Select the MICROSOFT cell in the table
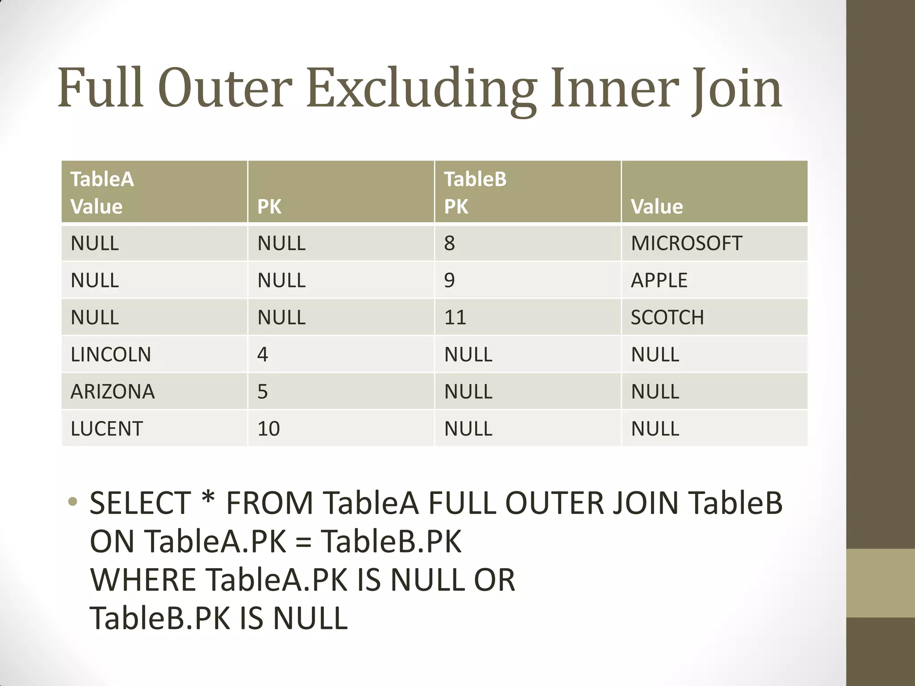(686, 243)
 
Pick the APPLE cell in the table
(659, 280)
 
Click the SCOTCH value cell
(667, 318)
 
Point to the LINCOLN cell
(111, 355)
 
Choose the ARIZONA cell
(113, 392)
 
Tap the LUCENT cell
(107, 429)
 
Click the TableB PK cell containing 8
(449, 243)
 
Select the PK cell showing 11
(455, 318)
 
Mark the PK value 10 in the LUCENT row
(269, 429)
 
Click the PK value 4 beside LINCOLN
(263, 355)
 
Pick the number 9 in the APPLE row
(449, 280)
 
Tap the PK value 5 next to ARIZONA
(263, 392)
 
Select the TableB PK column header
(475, 192)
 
